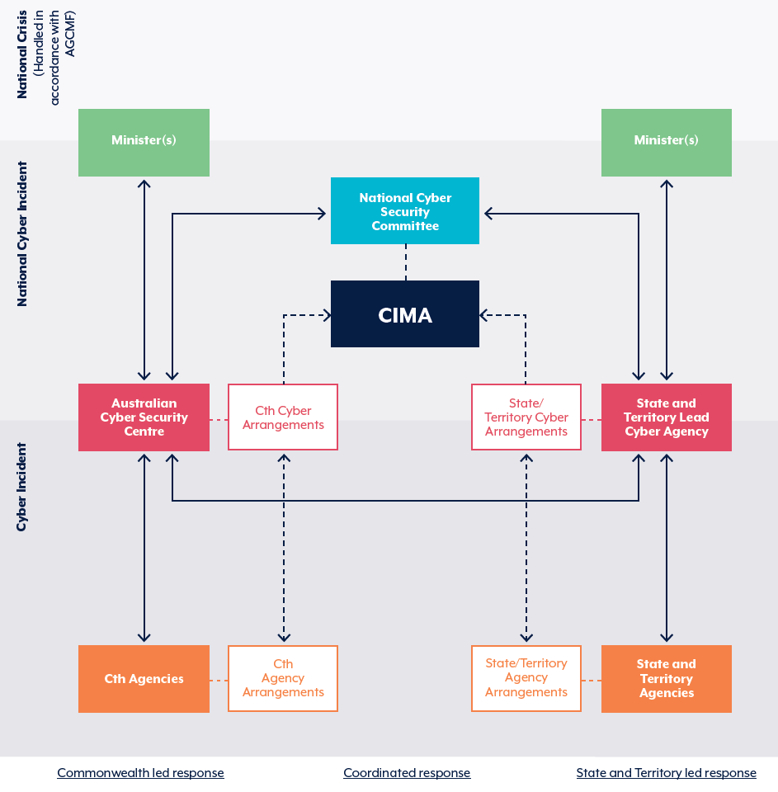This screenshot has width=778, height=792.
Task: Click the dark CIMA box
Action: point(404,313)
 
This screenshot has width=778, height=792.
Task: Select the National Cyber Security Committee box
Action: point(404,211)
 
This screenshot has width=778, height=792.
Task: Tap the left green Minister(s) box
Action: point(144,142)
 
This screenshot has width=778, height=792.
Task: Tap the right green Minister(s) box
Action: point(666,142)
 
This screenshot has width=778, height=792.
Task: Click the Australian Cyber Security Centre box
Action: point(144,417)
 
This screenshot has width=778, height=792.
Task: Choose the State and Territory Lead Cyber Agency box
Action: point(666,417)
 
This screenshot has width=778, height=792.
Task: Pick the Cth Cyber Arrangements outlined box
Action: point(283,417)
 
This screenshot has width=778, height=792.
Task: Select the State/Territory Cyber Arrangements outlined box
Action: point(526,417)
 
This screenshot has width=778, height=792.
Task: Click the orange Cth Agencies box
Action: point(144,679)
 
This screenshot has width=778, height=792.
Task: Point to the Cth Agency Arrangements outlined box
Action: point(283,679)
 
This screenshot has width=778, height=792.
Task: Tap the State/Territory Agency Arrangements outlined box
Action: point(526,679)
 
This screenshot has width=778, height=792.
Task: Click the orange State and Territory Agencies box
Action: point(666,679)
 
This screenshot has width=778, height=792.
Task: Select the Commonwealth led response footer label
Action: point(140,773)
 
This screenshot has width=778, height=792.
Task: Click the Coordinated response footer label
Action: point(407,773)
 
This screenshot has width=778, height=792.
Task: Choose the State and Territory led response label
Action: point(666,773)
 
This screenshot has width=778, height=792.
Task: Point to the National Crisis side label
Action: point(22,54)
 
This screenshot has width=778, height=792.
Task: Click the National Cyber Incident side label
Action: point(22,234)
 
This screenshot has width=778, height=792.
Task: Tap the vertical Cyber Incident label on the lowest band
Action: point(22,487)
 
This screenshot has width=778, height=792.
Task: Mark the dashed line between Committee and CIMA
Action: point(405,262)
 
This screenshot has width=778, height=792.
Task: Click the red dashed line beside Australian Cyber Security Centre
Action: point(219,420)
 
